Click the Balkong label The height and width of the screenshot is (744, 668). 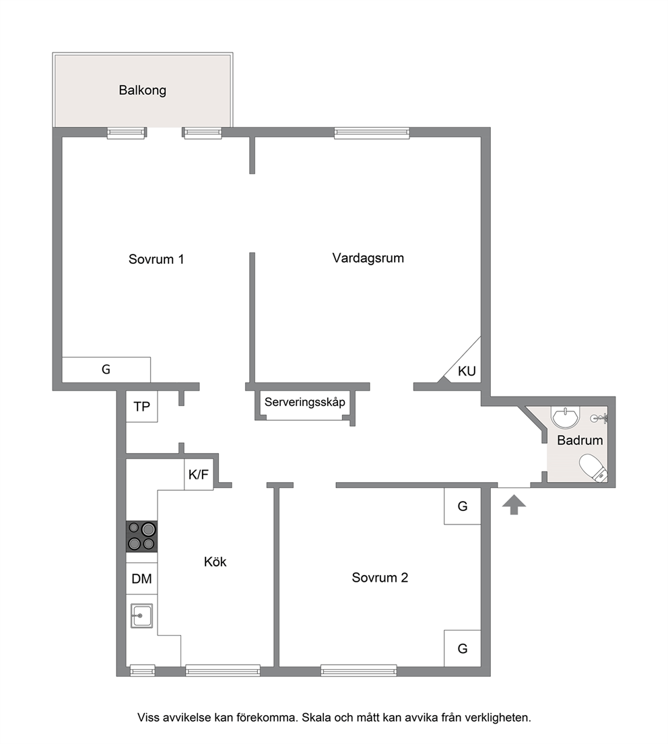[x=142, y=90]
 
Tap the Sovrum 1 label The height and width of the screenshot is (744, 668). [x=156, y=259]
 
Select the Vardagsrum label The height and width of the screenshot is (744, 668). [x=368, y=258]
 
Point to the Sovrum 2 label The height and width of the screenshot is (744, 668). [x=380, y=578]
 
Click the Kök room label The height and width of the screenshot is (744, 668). [x=215, y=562]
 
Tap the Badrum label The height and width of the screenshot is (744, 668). [x=580, y=440]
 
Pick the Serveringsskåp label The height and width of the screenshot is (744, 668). [x=305, y=403]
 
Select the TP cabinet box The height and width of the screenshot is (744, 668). [x=142, y=406]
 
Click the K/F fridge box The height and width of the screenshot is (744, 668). [x=199, y=475]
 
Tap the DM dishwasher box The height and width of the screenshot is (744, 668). [x=142, y=578]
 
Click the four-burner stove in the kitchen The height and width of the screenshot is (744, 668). [x=141, y=537]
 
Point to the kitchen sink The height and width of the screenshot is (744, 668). [x=142, y=615]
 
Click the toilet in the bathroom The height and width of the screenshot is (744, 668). [x=593, y=469]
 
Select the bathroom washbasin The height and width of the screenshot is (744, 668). [x=566, y=417]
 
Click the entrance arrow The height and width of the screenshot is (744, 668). [x=514, y=505]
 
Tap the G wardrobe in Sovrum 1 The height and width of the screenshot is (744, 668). [x=106, y=370]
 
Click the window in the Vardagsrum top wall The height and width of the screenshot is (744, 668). [x=372, y=133]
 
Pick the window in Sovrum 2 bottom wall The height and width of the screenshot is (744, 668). [x=359, y=670]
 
